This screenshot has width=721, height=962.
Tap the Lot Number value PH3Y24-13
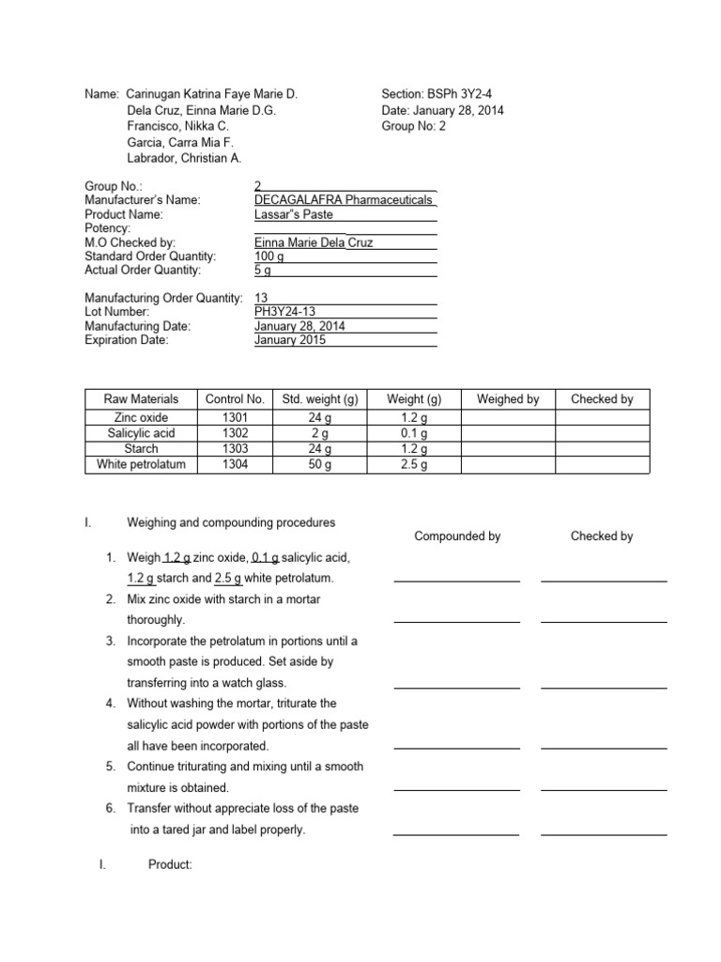[286, 312]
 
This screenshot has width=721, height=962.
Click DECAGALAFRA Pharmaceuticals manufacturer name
[344, 200]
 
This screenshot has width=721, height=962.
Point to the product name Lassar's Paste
[293, 214]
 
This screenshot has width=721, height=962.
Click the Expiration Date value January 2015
[290, 340]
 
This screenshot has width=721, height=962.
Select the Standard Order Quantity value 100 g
[269, 256]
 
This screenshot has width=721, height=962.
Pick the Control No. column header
[236, 399]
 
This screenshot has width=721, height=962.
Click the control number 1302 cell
[236, 433]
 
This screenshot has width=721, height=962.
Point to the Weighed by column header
[508, 399]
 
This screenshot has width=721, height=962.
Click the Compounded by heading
[457, 536]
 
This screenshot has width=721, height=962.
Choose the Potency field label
[108, 228]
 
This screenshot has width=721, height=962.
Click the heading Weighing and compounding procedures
[231, 522]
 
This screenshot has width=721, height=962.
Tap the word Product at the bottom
[170, 865]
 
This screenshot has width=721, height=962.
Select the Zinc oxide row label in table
[142, 417]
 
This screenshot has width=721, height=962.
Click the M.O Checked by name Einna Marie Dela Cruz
[314, 242]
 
